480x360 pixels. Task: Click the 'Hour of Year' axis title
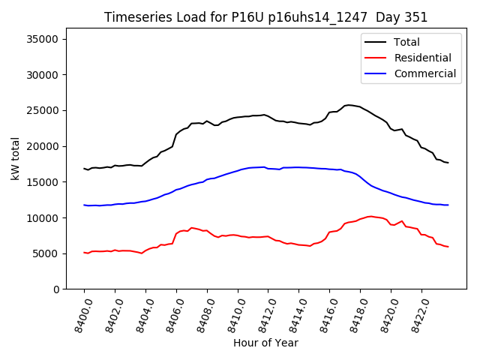[x=265, y=343]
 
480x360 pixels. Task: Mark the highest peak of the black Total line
[x=349, y=105]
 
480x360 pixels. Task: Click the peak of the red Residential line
[x=371, y=216]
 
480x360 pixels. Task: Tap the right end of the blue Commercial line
[x=448, y=205]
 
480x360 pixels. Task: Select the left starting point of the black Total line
[x=84, y=169]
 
